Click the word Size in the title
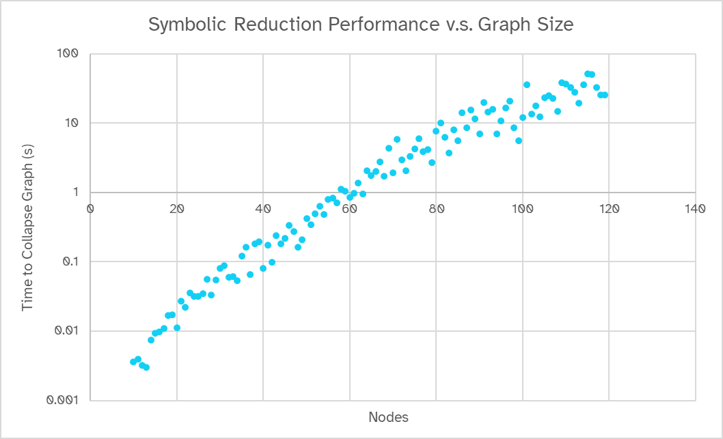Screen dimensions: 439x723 click(556, 25)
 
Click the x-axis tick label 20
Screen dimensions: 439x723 click(177, 209)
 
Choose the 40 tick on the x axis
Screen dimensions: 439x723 click(263, 209)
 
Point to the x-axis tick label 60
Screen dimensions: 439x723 click(350, 209)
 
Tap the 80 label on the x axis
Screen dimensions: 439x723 click(436, 209)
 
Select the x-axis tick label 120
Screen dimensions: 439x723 click(609, 209)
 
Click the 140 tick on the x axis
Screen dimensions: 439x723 click(695, 209)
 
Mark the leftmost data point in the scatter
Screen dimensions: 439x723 click(133, 362)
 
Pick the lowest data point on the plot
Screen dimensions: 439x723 click(146, 367)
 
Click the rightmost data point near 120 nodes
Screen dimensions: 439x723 click(605, 95)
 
